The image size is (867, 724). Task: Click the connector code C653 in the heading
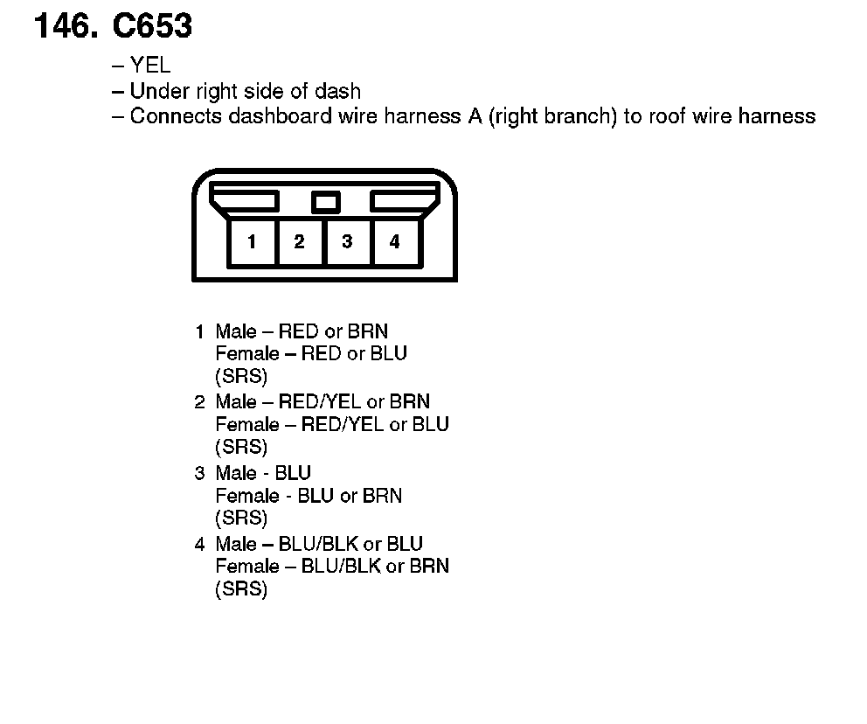pos(152,27)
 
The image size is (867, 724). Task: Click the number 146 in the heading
pos(65,27)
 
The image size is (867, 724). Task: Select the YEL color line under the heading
pos(150,66)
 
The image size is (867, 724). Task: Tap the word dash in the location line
pos(340,91)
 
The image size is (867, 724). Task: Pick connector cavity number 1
pos(252,242)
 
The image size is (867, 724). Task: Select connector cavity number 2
pos(299,242)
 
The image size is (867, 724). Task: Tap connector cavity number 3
pos(347,242)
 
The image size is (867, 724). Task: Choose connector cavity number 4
pos(395,242)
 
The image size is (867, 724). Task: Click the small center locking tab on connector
pos(325,203)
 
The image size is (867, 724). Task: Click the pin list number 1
pos(199,332)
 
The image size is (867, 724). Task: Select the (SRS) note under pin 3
pos(240,519)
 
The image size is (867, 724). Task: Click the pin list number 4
pos(199,545)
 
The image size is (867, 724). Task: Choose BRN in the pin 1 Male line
pos(367,332)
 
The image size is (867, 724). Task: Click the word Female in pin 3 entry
pos(240,496)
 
